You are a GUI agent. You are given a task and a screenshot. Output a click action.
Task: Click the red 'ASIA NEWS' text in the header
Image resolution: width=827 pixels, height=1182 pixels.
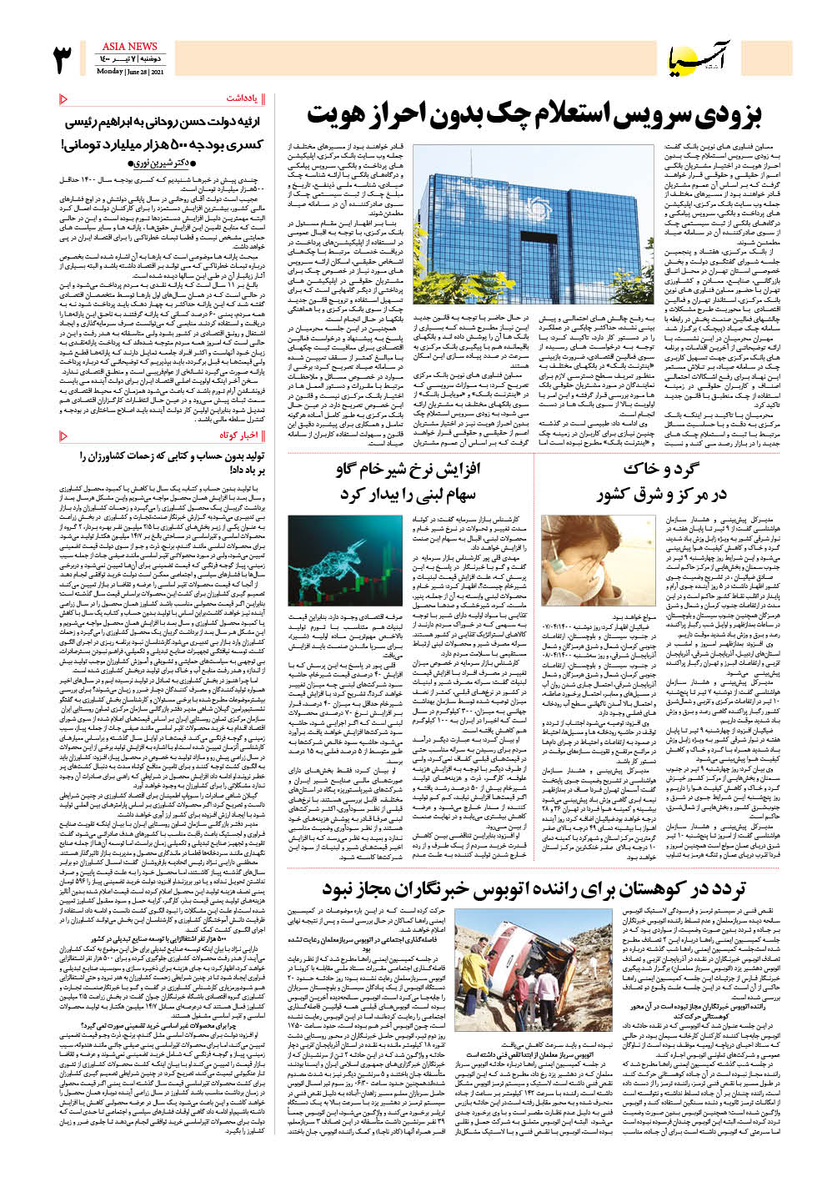[129, 47]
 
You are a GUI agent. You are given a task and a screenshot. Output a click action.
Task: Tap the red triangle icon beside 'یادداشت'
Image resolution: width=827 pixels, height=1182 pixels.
[64, 98]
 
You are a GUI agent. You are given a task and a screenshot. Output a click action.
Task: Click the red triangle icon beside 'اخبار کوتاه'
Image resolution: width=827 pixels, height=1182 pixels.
[64, 435]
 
